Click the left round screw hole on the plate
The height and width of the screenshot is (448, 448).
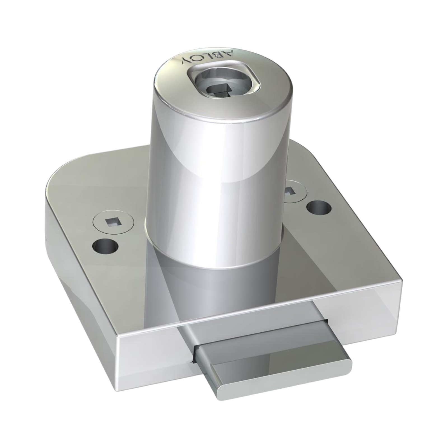105,246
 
